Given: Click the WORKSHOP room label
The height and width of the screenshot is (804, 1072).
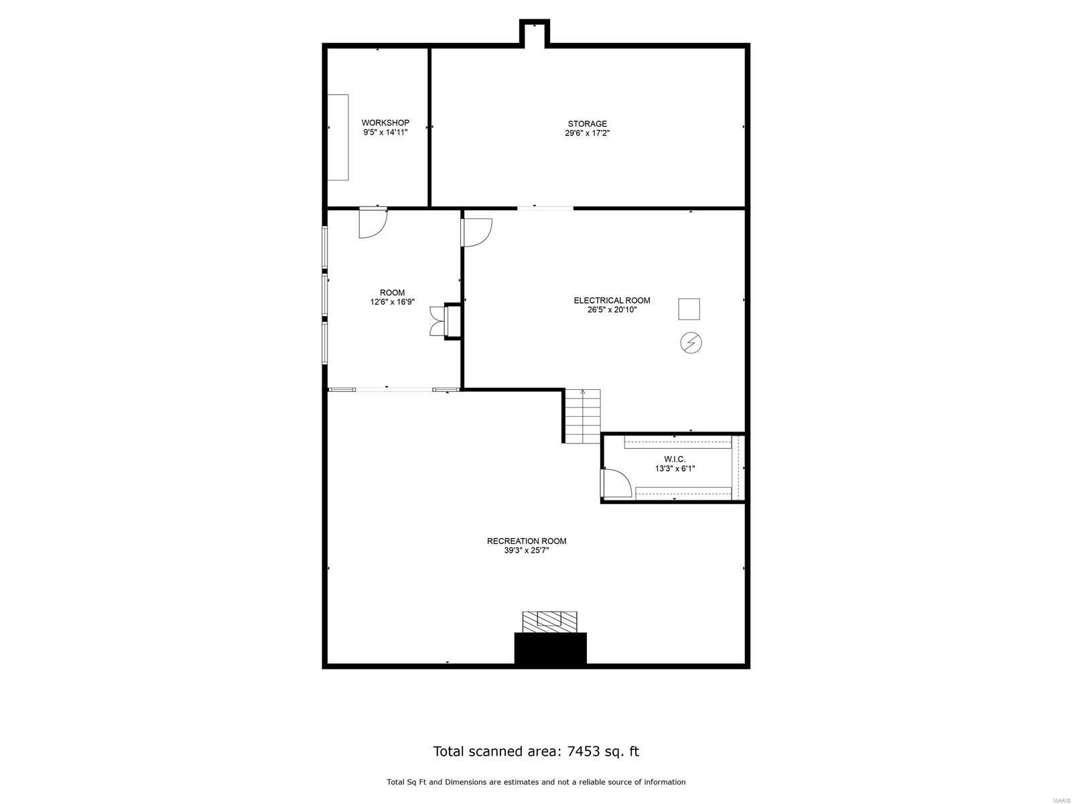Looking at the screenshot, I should pyautogui.click(x=385, y=123).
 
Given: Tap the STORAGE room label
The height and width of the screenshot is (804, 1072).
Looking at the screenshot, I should pyautogui.click(x=587, y=123).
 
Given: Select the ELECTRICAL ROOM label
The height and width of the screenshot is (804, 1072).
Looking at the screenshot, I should pyautogui.click(x=612, y=300).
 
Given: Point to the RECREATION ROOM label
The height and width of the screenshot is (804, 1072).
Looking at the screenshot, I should pyautogui.click(x=526, y=541).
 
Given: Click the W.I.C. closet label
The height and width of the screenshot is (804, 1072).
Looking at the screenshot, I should pyautogui.click(x=674, y=459).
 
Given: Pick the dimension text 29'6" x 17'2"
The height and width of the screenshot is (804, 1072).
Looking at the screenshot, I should pyautogui.click(x=587, y=133).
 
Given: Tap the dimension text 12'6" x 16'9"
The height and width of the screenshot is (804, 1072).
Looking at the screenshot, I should pyautogui.click(x=392, y=302).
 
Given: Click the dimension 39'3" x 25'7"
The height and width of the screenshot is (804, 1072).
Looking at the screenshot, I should pyautogui.click(x=526, y=551).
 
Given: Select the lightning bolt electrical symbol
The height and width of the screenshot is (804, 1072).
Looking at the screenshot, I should pyautogui.click(x=691, y=343).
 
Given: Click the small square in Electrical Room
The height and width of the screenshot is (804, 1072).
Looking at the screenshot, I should pyautogui.click(x=689, y=309).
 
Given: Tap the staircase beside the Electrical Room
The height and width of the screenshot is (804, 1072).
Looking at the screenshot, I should pyautogui.click(x=582, y=415).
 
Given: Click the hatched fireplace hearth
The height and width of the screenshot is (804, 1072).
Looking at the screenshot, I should pyautogui.click(x=549, y=620).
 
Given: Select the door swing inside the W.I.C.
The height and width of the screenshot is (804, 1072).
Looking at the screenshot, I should pyautogui.click(x=615, y=483).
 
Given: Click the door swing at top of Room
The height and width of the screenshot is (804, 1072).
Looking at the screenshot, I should pyautogui.click(x=373, y=222).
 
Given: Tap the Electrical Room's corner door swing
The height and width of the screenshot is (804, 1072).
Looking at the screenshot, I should pyautogui.click(x=476, y=232).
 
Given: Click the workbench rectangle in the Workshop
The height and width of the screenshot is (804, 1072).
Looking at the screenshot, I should pyautogui.click(x=338, y=137).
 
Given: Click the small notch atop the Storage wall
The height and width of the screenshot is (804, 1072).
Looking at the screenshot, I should pyautogui.click(x=535, y=32).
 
